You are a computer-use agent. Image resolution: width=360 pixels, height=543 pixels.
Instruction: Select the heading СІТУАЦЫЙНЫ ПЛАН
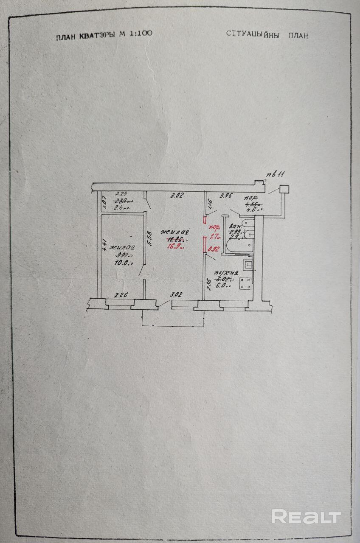click(267, 35)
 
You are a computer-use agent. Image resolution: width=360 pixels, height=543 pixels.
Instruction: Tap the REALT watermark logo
click(306, 516)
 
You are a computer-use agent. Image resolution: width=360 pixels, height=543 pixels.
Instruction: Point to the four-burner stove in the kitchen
click(245, 283)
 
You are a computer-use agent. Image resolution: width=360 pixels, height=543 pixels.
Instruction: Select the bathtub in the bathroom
click(240, 246)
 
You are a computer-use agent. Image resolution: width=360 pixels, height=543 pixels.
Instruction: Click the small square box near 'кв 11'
click(284, 190)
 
